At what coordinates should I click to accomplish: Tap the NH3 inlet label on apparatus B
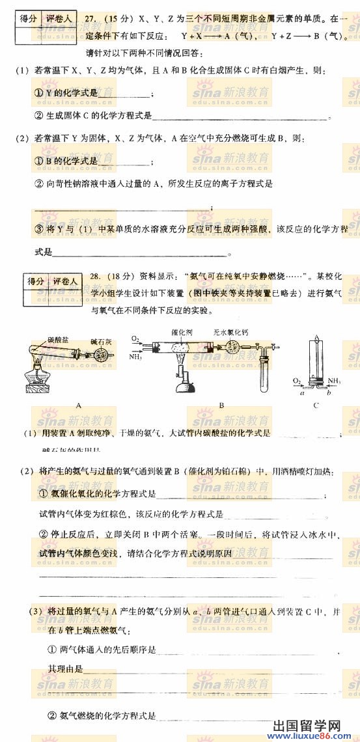point(135,357)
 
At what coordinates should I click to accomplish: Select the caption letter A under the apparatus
point(78,405)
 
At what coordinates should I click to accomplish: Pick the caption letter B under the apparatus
point(221,405)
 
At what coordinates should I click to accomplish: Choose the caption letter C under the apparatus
point(315,405)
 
